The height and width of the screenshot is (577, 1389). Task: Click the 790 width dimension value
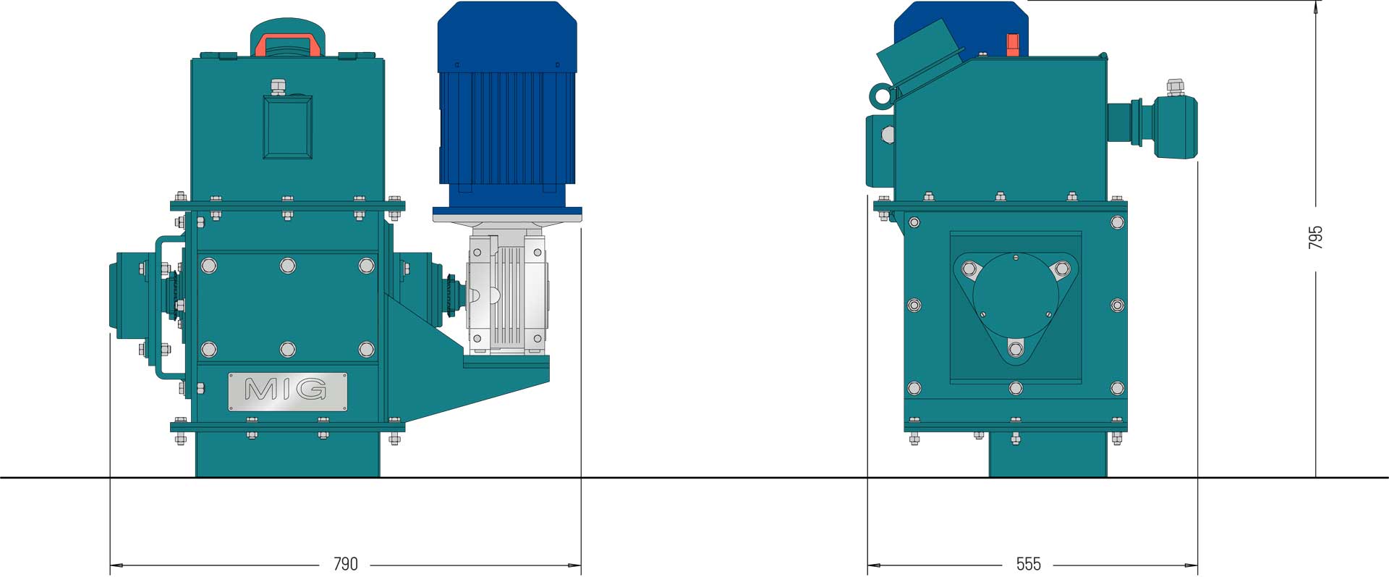345,563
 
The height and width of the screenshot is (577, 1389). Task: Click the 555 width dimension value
1028,563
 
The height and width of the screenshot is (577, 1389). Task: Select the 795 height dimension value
1315,237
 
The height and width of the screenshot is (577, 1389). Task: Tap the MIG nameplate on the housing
287,392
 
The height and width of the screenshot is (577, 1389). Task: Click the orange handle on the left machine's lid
288,44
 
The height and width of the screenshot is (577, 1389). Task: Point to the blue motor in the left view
507,105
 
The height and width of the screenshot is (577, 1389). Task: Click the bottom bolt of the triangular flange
1016,350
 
